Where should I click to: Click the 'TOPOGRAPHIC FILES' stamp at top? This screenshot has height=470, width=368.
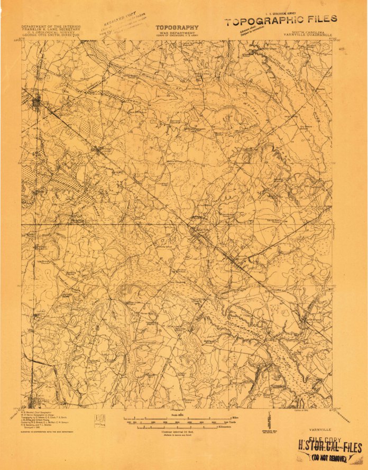pyautogui.click(x=280, y=21)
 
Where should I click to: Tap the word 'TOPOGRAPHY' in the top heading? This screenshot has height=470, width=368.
pyautogui.click(x=177, y=27)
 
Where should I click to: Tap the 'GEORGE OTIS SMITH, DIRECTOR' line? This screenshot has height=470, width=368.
pyautogui.click(x=50, y=35)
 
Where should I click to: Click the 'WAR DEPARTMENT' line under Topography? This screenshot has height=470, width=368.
pyautogui.click(x=177, y=33)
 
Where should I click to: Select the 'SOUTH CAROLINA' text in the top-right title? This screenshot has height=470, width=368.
pyautogui.click(x=306, y=32)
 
